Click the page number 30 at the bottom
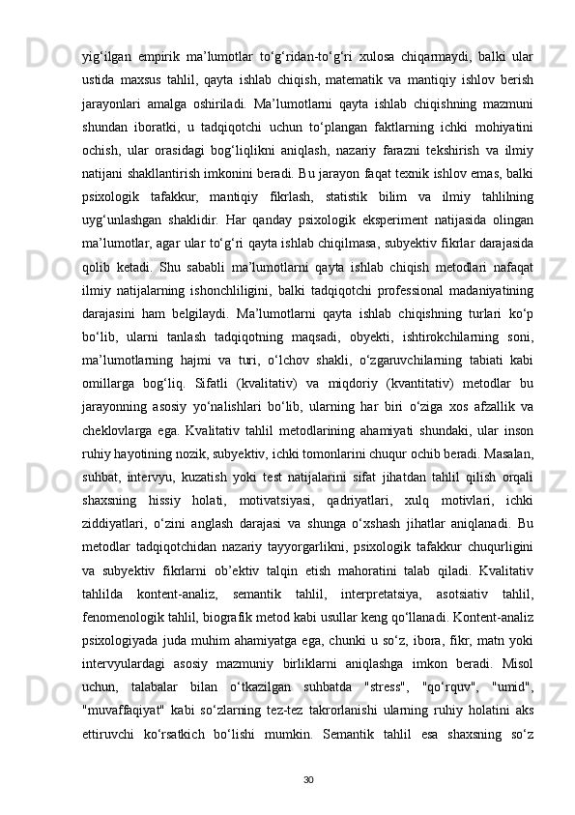(308, 751)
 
